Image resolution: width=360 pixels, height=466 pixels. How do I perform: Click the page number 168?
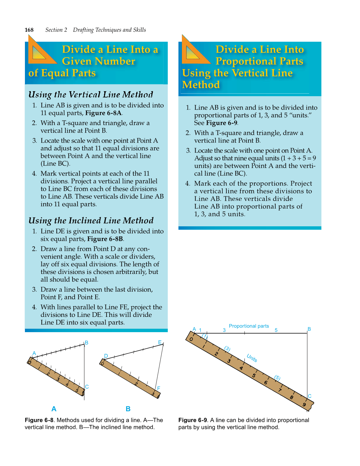pyautogui.click(x=29, y=30)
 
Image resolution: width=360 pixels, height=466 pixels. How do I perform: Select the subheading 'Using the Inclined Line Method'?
pyautogui.click(x=91, y=221)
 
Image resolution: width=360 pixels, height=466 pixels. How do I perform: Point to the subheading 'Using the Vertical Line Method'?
pyautogui.click(x=91, y=95)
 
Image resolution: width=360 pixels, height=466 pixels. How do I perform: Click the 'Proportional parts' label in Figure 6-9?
pyautogui.click(x=249, y=326)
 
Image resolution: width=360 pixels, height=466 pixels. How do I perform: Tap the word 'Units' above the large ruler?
pyautogui.click(x=252, y=358)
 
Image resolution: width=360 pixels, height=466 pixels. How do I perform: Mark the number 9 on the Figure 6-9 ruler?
pyautogui.click(x=304, y=405)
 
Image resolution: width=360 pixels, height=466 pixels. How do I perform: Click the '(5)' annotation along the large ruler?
pyautogui.click(x=277, y=378)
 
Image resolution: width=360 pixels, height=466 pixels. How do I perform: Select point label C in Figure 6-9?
pyautogui.click(x=310, y=396)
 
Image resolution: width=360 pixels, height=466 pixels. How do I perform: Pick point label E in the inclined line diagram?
pyautogui.click(x=160, y=342)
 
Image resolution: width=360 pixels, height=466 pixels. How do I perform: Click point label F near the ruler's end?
pyautogui.click(x=159, y=388)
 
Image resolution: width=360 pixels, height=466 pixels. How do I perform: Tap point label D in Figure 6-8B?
pyautogui.click(x=106, y=356)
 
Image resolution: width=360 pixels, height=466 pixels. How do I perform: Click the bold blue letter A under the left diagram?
pyautogui.click(x=54, y=409)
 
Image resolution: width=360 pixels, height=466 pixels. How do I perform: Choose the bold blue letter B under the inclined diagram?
pyautogui.click(x=128, y=409)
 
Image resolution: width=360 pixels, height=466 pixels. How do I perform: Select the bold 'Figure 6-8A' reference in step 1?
pyautogui.click(x=103, y=113)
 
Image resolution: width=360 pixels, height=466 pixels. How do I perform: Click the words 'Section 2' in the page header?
pyautogui.click(x=56, y=30)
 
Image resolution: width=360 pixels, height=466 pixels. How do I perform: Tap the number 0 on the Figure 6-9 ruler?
pyautogui.click(x=191, y=339)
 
